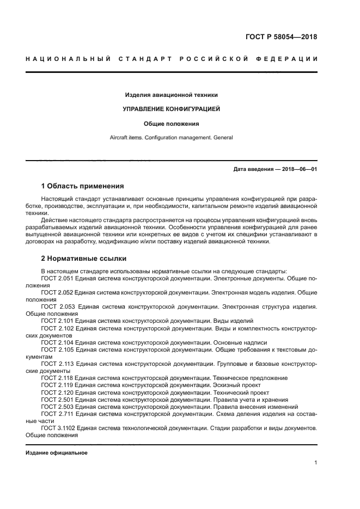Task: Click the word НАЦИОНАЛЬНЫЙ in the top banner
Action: pyautogui.click(x=68, y=59)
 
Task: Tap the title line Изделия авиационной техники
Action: pyautogui.click(x=171, y=95)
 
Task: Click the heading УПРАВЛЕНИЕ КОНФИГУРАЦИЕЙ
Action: pyautogui.click(x=171, y=109)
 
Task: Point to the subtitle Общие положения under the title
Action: pyautogui.click(x=171, y=124)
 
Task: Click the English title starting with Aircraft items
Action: pyautogui.click(x=171, y=138)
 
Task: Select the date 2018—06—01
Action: pyautogui.click(x=298, y=169)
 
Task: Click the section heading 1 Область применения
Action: pyautogui.click(x=82, y=186)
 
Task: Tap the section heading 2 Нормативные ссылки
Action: pyautogui.click(x=83, y=258)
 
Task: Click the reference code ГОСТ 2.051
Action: pyautogui.click(x=57, y=278)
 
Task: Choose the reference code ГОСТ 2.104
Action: pyautogui.click(x=57, y=342)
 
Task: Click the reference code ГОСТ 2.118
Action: pyautogui.click(x=57, y=378)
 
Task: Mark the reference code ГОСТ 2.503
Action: pyautogui.click(x=57, y=407)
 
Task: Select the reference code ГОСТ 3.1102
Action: pyautogui.click(x=59, y=428)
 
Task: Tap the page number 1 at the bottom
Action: pyautogui.click(x=315, y=463)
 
